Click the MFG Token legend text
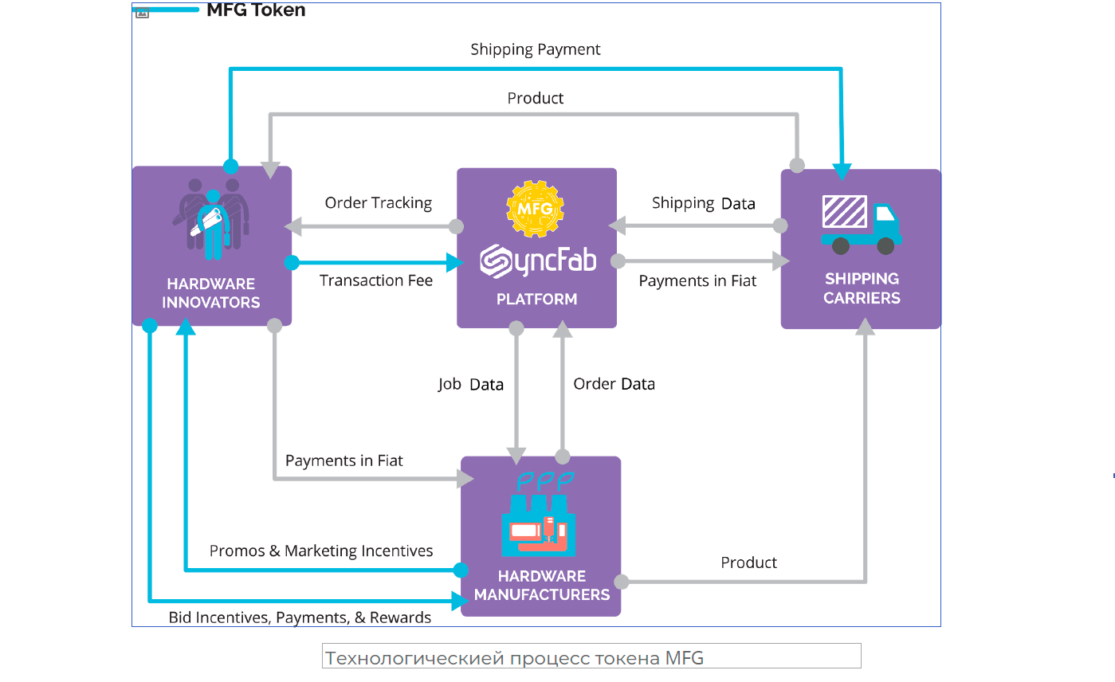click(x=256, y=10)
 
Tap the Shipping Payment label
click(x=535, y=49)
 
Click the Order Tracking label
click(x=378, y=203)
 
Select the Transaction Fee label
click(x=376, y=280)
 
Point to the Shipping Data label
click(x=703, y=203)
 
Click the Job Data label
click(x=470, y=384)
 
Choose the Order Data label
click(x=614, y=384)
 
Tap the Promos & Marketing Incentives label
click(x=321, y=551)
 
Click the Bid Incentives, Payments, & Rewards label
click(x=300, y=617)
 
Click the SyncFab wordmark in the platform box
click(x=538, y=261)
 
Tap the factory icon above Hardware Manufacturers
click(x=538, y=518)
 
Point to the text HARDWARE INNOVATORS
click(x=211, y=293)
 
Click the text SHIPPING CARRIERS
click(x=862, y=288)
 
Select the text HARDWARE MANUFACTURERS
click(x=541, y=586)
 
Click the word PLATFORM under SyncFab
click(x=536, y=300)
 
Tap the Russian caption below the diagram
click(x=514, y=659)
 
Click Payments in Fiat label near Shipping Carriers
click(x=697, y=281)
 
